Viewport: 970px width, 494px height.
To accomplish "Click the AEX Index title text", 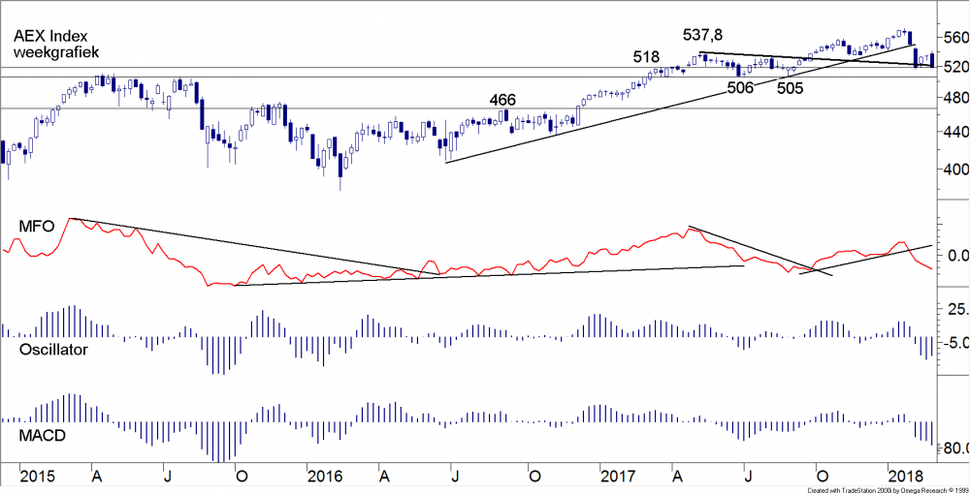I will [x=48, y=34].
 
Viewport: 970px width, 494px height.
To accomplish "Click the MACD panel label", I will [x=43, y=437].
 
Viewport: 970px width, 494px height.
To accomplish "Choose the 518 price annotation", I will [x=647, y=56].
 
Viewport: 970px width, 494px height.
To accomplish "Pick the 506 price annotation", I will [x=740, y=88].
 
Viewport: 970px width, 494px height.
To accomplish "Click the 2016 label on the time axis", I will [x=325, y=477].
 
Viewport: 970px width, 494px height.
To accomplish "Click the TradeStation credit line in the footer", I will [x=880, y=490].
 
